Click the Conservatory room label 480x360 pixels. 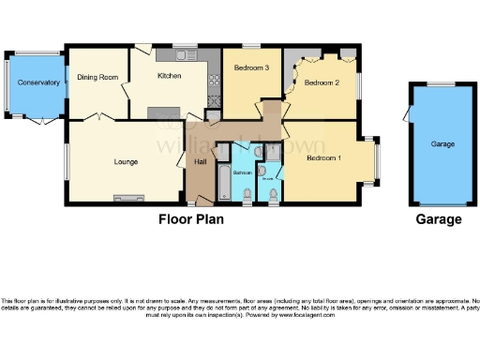click(x=38, y=83)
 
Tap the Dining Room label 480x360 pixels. click(x=97, y=78)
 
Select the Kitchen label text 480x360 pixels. click(x=169, y=76)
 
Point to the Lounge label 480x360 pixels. click(x=126, y=161)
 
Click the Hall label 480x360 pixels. click(x=200, y=161)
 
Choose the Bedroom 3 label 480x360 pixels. click(x=251, y=68)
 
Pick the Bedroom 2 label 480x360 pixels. click(x=323, y=82)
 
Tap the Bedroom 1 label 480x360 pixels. click(x=323, y=157)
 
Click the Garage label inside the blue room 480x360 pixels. click(x=442, y=144)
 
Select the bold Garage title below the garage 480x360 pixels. click(x=439, y=219)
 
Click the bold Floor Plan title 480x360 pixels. click(x=194, y=219)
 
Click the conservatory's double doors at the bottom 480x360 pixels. click(x=37, y=120)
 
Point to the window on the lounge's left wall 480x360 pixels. click(x=66, y=160)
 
